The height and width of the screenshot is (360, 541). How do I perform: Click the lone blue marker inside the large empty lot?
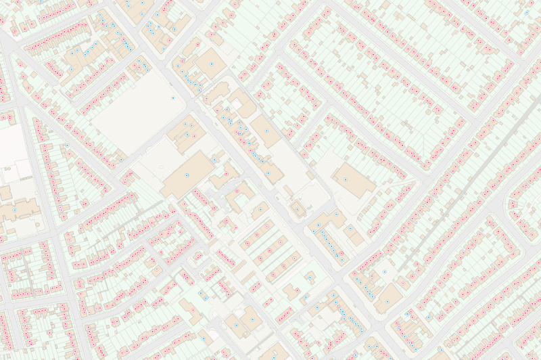tap(173, 99)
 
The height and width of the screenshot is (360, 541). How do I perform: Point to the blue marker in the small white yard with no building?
tap(408, 315)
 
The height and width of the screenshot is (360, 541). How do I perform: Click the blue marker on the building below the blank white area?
tap(14, 209)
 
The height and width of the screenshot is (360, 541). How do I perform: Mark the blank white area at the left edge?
tap(12, 152)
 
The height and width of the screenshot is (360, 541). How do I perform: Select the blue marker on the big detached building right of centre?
tap(346, 179)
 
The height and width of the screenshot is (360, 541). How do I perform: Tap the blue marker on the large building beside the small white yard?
tap(386, 300)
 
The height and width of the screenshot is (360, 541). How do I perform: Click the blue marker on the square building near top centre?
tap(212, 63)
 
